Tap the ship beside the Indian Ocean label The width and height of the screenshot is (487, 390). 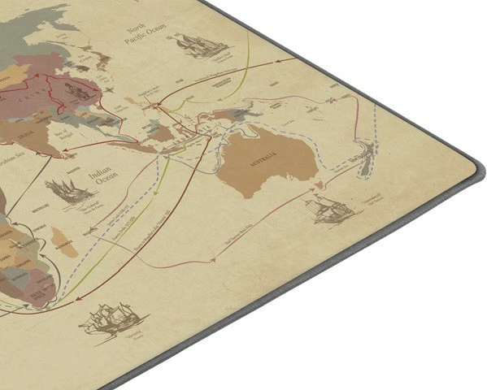[x=68, y=192]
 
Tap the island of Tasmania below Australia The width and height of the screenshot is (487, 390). [x=320, y=186]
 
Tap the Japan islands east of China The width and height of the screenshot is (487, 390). [x=102, y=58]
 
